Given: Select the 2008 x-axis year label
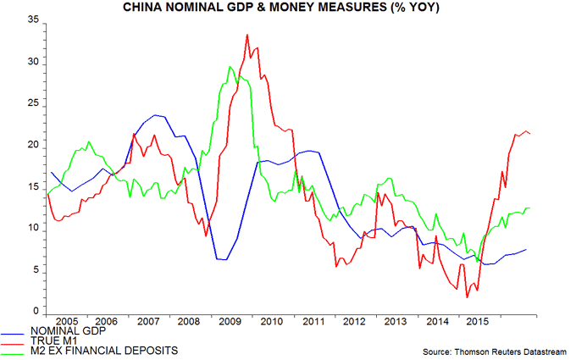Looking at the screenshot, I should click(189, 323).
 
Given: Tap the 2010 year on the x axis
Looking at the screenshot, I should click(271, 323).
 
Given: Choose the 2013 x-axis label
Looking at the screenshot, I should click(394, 323).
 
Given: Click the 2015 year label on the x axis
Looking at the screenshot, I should click(475, 323).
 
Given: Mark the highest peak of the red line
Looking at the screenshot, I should click(246, 35).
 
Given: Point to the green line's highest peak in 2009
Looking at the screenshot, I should click(230, 67).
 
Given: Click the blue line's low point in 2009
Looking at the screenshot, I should click(223, 259).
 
